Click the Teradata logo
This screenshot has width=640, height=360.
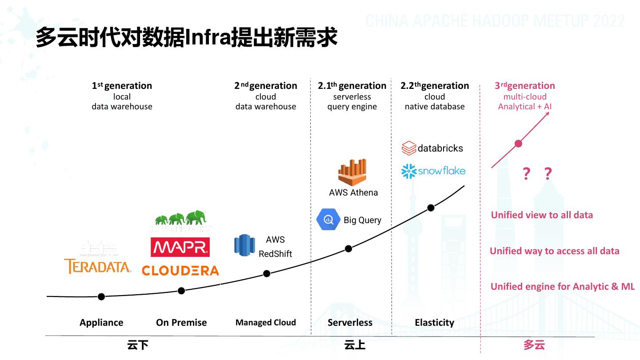98,266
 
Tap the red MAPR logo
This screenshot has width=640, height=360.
180,247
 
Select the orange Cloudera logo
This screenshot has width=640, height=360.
180,270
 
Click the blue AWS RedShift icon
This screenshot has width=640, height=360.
244,245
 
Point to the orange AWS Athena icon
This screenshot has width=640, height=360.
352,172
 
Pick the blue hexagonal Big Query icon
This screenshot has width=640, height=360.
328,219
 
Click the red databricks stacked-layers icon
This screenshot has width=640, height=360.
408,148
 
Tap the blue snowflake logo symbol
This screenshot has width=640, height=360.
408,171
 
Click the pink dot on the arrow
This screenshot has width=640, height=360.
518,143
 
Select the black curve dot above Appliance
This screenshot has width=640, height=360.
101,296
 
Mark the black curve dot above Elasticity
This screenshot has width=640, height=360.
431,208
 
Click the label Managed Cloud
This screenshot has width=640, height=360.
265,323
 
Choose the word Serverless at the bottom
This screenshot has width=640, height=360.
350,323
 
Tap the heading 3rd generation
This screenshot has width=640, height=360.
524,86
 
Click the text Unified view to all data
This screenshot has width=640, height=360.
542,215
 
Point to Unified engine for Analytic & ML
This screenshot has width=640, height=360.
562,287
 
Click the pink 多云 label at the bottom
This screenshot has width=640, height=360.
534,345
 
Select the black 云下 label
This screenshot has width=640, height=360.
137,345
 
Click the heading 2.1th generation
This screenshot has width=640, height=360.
352,86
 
